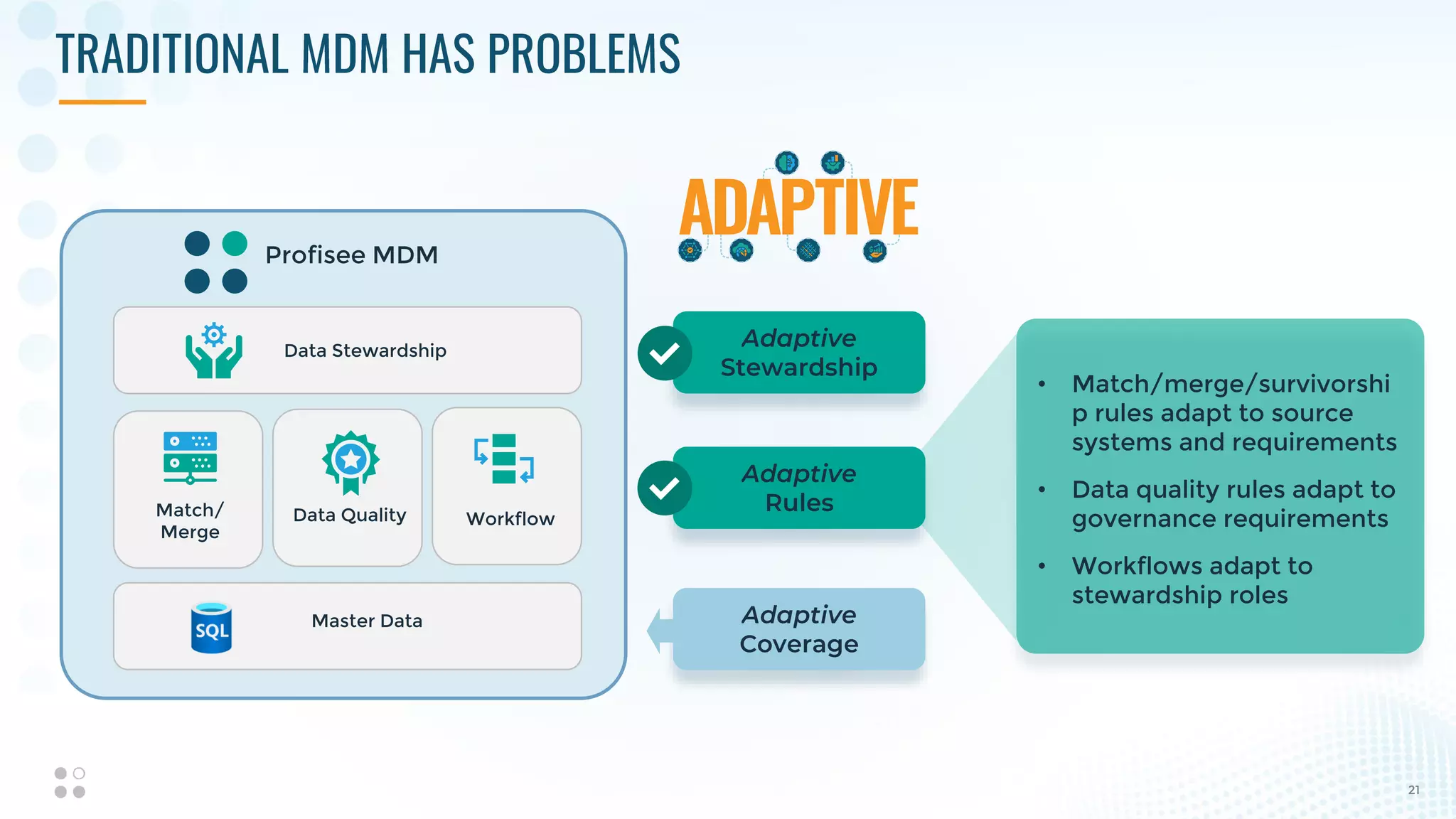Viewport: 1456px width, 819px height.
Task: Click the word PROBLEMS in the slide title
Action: point(583,54)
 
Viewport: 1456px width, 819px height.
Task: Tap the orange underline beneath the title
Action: point(102,102)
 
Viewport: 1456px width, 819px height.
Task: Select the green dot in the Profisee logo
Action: point(235,244)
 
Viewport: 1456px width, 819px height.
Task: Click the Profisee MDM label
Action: point(351,255)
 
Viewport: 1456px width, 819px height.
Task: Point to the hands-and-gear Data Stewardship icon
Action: point(213,350)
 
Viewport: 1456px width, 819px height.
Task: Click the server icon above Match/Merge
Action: point(190,457)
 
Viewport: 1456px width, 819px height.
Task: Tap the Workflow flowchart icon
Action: point(504,459)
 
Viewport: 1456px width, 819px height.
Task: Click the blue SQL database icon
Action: point(211,628)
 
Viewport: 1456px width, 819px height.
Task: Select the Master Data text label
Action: point(367,621)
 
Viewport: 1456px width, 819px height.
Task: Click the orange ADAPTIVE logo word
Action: point(798,208)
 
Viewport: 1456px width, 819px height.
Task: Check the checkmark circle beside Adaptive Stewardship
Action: point(664,353)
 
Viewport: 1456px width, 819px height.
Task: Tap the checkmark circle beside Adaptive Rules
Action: point(664,488)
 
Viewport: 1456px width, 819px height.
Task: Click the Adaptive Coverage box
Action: point(798,629)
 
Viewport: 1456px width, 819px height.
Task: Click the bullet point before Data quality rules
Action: point(1042,490)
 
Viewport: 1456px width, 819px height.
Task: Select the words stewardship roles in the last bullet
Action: point(1179,595)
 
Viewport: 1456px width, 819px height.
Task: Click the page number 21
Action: point(1413,790)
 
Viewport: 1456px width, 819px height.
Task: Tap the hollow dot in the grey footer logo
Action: point(79,773)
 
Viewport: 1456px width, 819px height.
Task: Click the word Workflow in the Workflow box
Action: point(510,519)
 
